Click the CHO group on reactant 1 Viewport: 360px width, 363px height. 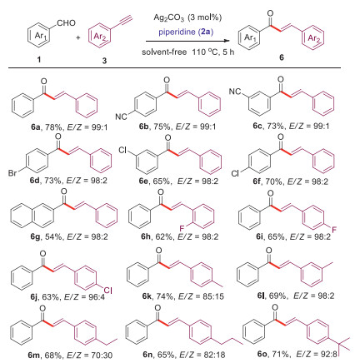[x=66, y=22]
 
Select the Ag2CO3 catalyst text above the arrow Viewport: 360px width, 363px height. [x=169, y=18]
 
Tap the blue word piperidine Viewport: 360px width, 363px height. [x=177, y=32]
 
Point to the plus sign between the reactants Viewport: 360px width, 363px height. [x=78, y=37]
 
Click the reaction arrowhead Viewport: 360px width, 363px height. [x=227, y=41]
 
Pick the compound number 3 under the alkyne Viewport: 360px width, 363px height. [x=104, y=61]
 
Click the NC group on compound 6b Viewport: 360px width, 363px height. [x=121, y=117]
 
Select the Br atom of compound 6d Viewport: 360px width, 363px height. [x=12, y=174]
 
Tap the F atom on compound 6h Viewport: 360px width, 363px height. [x=182, y=228]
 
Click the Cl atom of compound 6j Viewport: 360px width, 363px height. [x=107, y=291]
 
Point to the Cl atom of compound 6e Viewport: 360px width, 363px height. [x=122, y=150]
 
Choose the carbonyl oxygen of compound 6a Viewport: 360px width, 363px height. [x=43, y=82]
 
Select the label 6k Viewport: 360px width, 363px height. [x=147, y=296]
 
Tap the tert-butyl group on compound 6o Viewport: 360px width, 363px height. [x=341, y=345]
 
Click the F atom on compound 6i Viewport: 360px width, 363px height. [x=334, y=230]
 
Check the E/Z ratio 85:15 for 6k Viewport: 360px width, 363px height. [x=213, y=296]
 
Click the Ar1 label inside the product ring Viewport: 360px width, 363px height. [x=250, y=37]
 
